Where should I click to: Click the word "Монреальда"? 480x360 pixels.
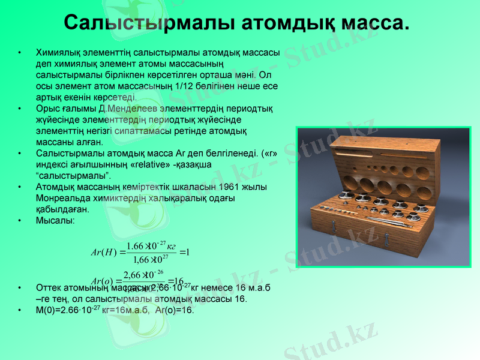(63, 198)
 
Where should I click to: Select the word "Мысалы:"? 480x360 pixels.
(55, 220)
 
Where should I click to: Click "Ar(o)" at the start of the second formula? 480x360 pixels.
(102, 281)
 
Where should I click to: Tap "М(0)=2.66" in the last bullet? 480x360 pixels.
(60, 310)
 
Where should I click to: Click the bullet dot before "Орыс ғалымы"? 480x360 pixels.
(21, 109)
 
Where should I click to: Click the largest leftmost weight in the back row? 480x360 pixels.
(347, 195)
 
